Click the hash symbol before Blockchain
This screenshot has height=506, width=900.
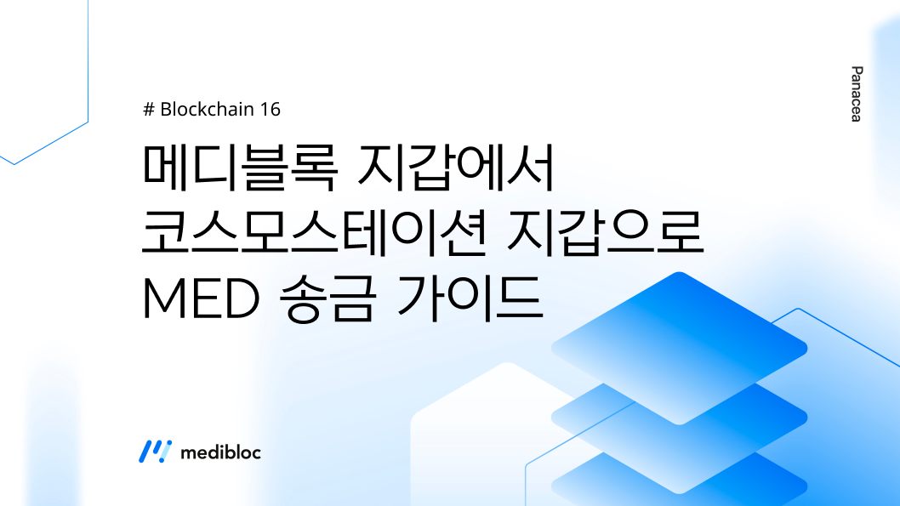(149, 110)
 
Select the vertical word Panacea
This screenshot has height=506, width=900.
(856, 94)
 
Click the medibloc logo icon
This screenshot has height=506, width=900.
(154, 452)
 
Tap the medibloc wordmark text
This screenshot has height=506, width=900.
(220, 452)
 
